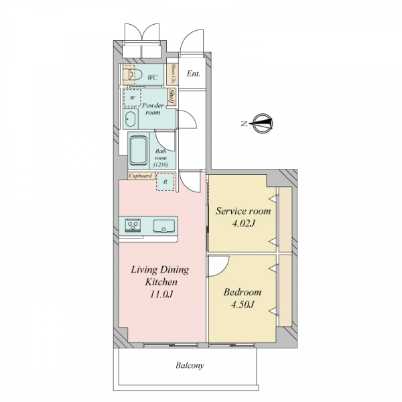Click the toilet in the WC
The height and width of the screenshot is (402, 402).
click(133, 74)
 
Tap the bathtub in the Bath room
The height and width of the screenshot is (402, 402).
click(139, 151)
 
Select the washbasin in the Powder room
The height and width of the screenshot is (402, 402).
click(131, 119)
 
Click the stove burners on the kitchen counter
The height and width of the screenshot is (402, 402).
click(133, 225)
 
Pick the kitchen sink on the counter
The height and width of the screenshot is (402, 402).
click(164, 226)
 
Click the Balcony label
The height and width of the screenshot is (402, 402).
click(190, 365)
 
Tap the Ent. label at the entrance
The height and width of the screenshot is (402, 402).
click(194, 74)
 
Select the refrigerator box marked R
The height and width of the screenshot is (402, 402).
click(165, 182)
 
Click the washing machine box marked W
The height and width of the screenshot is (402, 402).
click(132, 98)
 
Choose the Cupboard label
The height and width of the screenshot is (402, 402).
click(141, 176)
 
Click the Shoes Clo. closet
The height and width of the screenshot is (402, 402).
click(173, 74)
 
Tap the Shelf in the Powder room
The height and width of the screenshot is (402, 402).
click(172, 97)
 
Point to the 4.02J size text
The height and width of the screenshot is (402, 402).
click(243, 224)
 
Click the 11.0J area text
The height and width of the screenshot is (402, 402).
click(161, 294)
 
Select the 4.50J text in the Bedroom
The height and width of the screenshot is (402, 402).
click(243, 305)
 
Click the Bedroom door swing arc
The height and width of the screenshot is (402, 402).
click(222, 270)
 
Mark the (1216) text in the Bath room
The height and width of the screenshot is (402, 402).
click(161, 165)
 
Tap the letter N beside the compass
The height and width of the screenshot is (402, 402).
click(245, 124)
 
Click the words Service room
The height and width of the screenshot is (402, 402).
click(243, 211)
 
